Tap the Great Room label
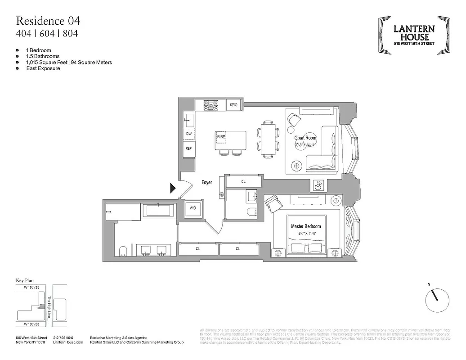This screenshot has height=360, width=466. click(x=305, y=138)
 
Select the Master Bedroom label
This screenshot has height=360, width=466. click(x=306, y=226)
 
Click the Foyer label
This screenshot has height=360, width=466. click(x=206, y=182)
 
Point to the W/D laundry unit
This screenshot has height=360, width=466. click(x=193, y=209)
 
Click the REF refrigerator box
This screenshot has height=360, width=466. click(x=188, y=148)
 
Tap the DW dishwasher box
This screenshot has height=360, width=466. click(x=188, y=134)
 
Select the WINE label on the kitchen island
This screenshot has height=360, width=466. click(x=220, y=136)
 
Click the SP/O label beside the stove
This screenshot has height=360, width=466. click(x=233, y=105)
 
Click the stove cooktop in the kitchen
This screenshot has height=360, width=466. click(x=211, y=105)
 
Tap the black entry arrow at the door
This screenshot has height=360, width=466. click(x=172, y=188)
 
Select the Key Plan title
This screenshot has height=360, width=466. click(x=26, y=280)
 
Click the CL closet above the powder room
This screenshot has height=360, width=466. click(x=243, y=182)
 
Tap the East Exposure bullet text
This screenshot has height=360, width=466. click(x=42, y=68)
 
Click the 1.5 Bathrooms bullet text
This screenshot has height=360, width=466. click(x=42, y=56)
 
